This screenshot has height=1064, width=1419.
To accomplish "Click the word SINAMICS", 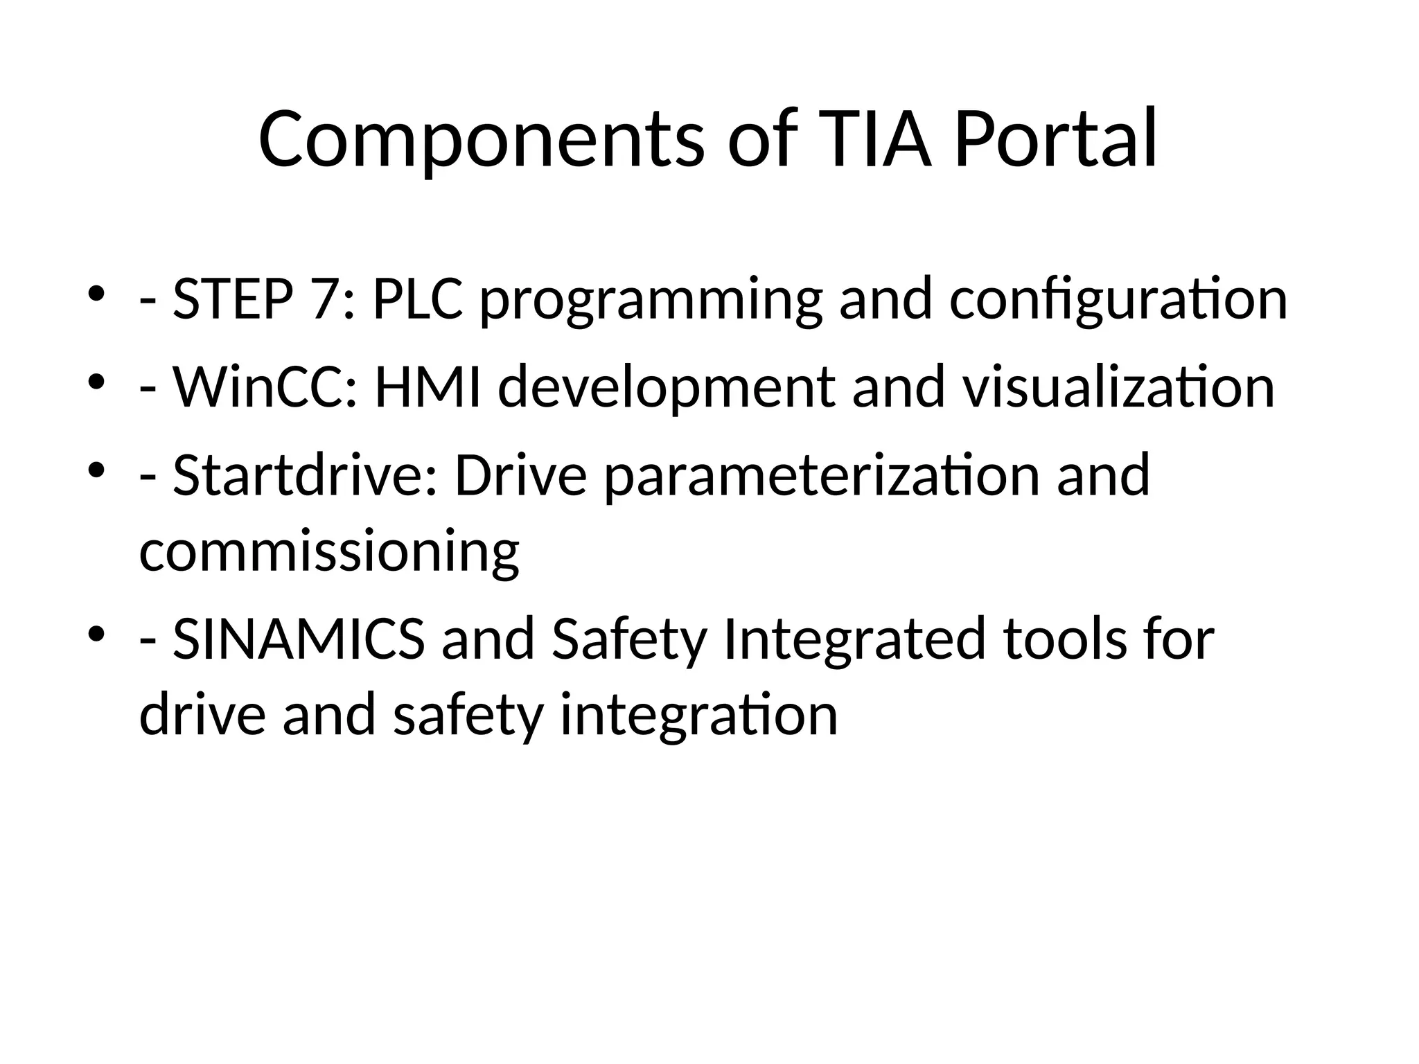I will (x=299, y=639).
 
